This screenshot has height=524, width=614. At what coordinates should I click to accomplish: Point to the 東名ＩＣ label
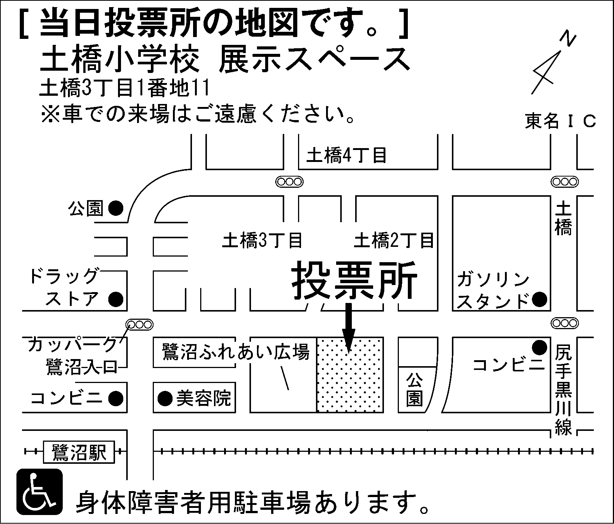coord(560,121)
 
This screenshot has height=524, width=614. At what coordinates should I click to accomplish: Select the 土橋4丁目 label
coord(346,155)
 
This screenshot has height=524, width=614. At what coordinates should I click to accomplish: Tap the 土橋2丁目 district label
coord(394,240)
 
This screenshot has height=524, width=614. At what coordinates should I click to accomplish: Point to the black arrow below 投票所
coord(349,327)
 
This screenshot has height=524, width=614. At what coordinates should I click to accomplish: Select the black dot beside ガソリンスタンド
coord(539,299)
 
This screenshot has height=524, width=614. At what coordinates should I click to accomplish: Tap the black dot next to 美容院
coord(165,398)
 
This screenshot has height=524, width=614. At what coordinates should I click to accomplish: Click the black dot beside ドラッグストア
coord(115,299)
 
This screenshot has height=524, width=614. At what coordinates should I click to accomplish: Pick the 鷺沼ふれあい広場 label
coord(236,352)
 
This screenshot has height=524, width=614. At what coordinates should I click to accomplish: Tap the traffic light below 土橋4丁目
coord(289,182)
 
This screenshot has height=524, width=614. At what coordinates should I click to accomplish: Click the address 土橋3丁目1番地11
coord(124,89)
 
